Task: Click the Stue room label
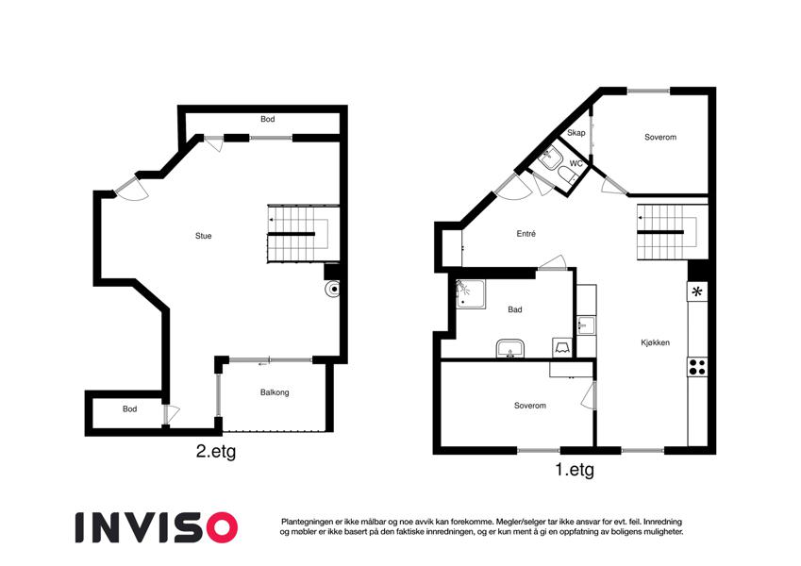point(203,236)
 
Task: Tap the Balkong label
point(275,392)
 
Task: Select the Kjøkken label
point(655,342)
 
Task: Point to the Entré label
point(526,234)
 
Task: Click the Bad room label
point(515,309)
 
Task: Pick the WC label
point(576,164)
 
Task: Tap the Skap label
point(576,133)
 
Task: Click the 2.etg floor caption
point(216,452)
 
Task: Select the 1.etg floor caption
point(575,469)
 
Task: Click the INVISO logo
point(157,527)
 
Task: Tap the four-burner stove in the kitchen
point(697,367)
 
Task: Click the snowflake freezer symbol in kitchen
point(697,292)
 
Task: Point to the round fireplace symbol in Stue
point(332,289)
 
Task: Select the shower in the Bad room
point(471,294)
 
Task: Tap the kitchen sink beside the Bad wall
point(586,325)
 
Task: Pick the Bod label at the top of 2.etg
point(268,119)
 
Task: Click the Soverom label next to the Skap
point(660,138)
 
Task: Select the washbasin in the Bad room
point(509,348)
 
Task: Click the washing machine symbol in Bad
point(562,347)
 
